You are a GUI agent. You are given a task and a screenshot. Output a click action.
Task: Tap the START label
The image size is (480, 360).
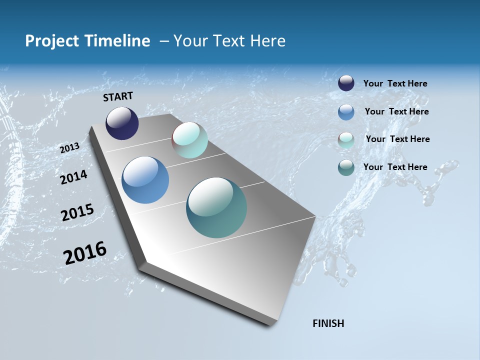[118, 96]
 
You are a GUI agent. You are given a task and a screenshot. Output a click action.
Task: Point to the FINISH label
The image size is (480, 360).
[328, 323]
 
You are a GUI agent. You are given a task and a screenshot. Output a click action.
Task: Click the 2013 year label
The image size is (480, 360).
[69, 148]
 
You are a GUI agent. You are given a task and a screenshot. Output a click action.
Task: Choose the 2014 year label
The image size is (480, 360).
[73, 177]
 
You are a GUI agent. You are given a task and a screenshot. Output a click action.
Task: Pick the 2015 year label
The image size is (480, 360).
[77, 212]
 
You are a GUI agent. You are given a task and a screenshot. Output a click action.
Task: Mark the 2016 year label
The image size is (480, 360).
[85, 253]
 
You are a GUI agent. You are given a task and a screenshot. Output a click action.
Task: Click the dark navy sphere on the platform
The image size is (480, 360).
[122, 123]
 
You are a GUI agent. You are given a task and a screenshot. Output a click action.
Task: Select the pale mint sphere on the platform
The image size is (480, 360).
[189, 140]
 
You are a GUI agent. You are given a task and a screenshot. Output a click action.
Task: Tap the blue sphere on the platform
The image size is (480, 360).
[145, 180]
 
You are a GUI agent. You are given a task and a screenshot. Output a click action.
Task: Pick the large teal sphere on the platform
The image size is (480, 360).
[216, 207]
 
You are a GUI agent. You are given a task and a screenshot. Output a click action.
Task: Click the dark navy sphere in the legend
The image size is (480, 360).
[346, 83]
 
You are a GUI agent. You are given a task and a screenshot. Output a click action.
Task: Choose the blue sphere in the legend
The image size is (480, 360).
[346, 112]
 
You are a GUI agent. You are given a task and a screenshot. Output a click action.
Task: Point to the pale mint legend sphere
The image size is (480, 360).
[346, 140]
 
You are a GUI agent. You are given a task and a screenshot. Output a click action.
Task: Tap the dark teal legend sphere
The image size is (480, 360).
[346, 168]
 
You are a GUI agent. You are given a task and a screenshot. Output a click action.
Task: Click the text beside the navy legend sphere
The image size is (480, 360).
[395, 83]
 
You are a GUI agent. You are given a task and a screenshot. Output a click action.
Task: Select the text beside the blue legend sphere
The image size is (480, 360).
[396, 111]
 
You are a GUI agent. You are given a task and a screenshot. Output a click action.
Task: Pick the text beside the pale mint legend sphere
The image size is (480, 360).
[397, 139]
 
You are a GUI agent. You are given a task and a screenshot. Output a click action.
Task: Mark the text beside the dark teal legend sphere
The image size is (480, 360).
[395, 167]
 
